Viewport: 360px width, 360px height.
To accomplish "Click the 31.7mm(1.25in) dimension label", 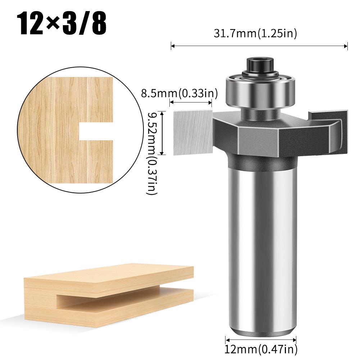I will [x=255, y=34].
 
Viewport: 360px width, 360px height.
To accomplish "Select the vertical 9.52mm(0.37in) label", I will [x=152, y=153].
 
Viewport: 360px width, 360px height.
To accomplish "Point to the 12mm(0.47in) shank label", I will [x=261, y=348].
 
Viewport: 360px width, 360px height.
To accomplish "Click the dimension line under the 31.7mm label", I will [x=259, y=46].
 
